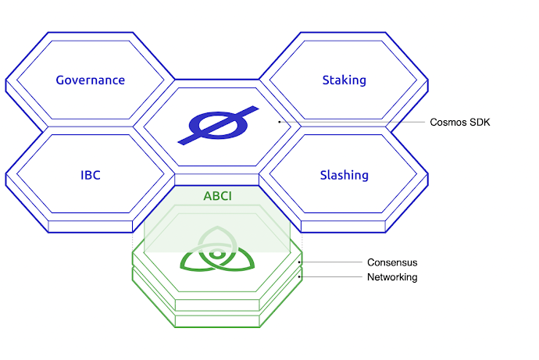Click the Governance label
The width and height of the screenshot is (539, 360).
point(91,80)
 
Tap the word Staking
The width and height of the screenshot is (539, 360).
point(344,80)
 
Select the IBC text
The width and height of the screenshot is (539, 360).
point(90,175)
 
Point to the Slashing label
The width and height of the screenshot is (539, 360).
point(344,175)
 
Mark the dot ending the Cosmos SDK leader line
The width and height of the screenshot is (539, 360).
point(280,122)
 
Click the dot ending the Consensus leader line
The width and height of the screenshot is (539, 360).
point(300,262)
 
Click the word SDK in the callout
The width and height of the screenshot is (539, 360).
point(480,123)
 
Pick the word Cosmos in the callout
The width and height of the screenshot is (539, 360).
point(448,123)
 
